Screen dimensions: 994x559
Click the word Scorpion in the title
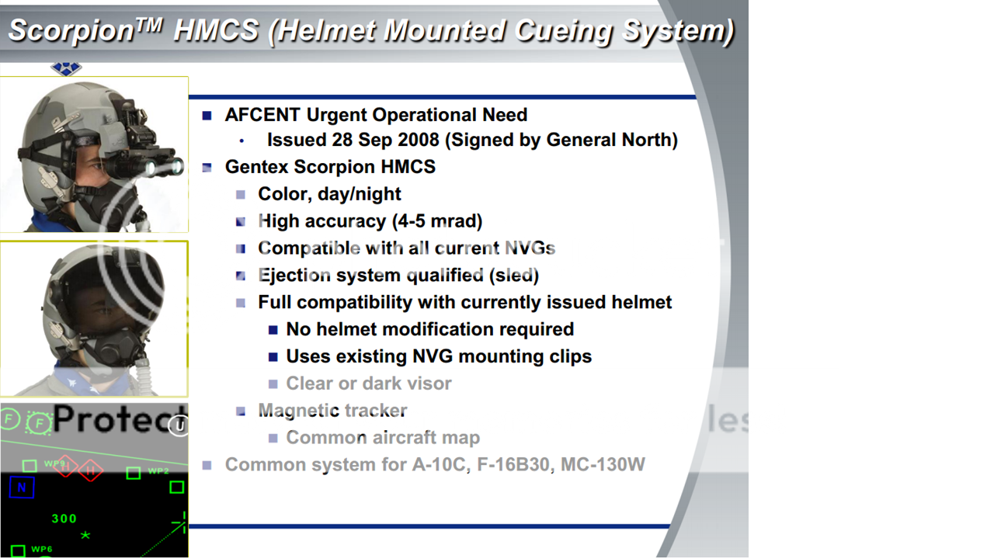point(71,31)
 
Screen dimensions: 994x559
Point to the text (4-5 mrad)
point(437,221)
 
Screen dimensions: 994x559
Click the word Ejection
point(294,276)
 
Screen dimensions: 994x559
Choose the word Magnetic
point(298,411)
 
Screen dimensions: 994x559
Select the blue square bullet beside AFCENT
point(207,116)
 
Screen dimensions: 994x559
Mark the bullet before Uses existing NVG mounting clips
point(273,356)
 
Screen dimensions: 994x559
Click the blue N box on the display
point(22,488)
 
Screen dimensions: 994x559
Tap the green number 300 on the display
point(64,519)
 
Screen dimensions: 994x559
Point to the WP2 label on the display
point(158,470)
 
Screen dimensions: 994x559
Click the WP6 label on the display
point(42,549)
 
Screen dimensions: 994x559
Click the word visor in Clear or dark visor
point(430,384)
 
